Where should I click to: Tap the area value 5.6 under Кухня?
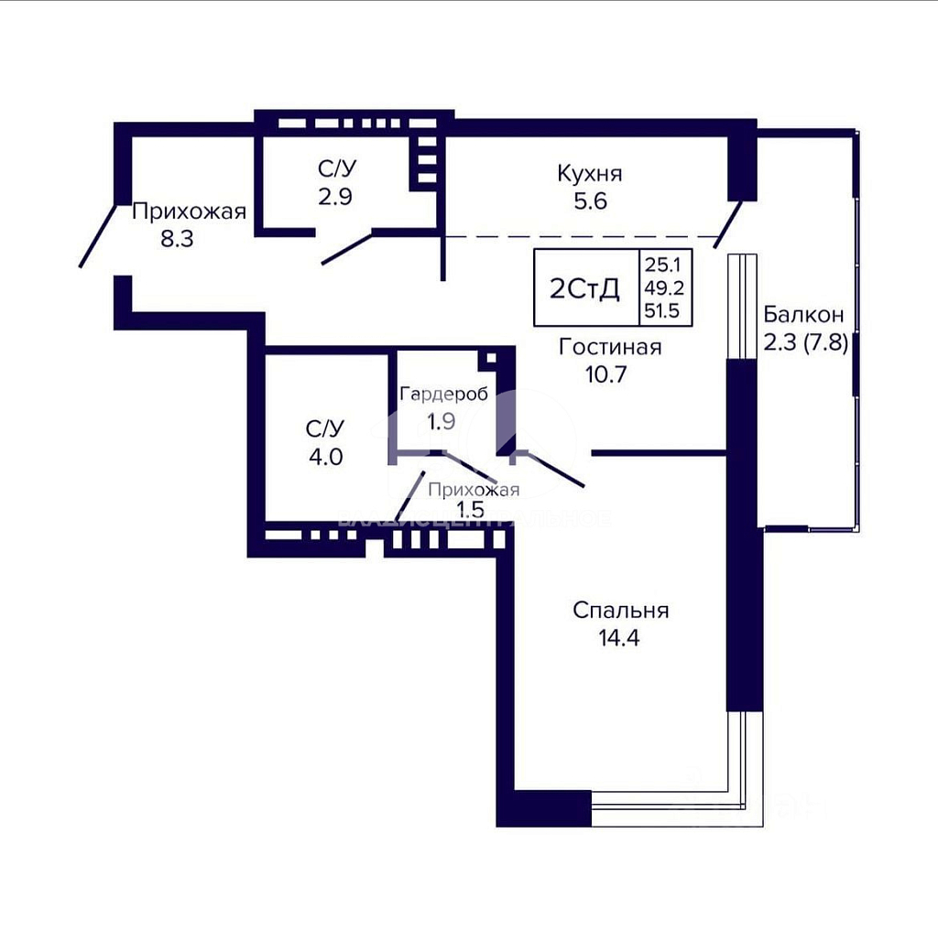[x=590, y=201]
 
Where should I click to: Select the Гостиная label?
[x=609, y=347]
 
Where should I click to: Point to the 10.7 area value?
[x=609, y=373]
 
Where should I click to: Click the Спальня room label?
[x=620, y=610]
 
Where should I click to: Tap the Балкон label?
[x=802, y=315]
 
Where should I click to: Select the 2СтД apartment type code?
[x=584, y=289]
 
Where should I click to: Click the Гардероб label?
[x=443, y=395]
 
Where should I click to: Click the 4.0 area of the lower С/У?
[x=324, y=455]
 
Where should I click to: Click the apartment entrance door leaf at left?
[x=98, y=235]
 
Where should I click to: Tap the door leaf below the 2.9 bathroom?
[x=347, y=248]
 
